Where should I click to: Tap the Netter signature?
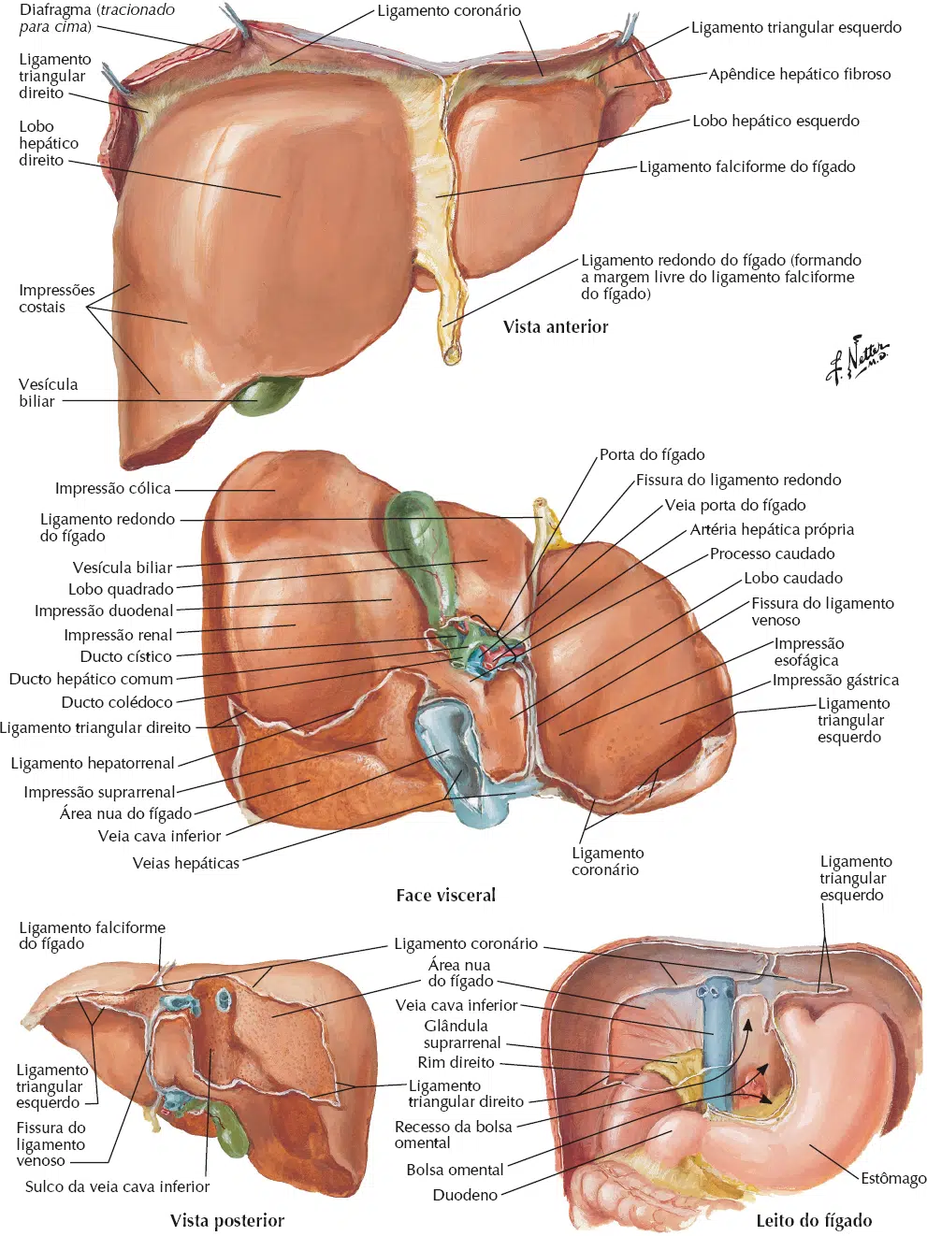(x=857, y=359)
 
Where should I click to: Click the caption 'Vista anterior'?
(x=556, y=327)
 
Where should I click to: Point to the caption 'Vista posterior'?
(x=227, y=1220)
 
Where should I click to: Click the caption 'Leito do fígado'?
(x=814, y=1220)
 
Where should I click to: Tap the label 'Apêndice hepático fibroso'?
(x=799, y=75)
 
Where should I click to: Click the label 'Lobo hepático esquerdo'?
(x=775, y=121)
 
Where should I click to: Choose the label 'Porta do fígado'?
(x=652, y=454)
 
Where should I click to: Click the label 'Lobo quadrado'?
(x=121, y=590)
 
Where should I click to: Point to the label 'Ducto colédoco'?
(x=117, y=702)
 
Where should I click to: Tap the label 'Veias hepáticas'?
(x=185, y=863)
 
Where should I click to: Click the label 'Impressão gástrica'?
(x=834, y=681)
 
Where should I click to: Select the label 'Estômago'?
(x=892, y=1178)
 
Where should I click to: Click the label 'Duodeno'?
(x=465, y=1195)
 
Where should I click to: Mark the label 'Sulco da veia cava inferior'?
(x=117, y=1187)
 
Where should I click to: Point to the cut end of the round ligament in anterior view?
(x=452, y=355)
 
